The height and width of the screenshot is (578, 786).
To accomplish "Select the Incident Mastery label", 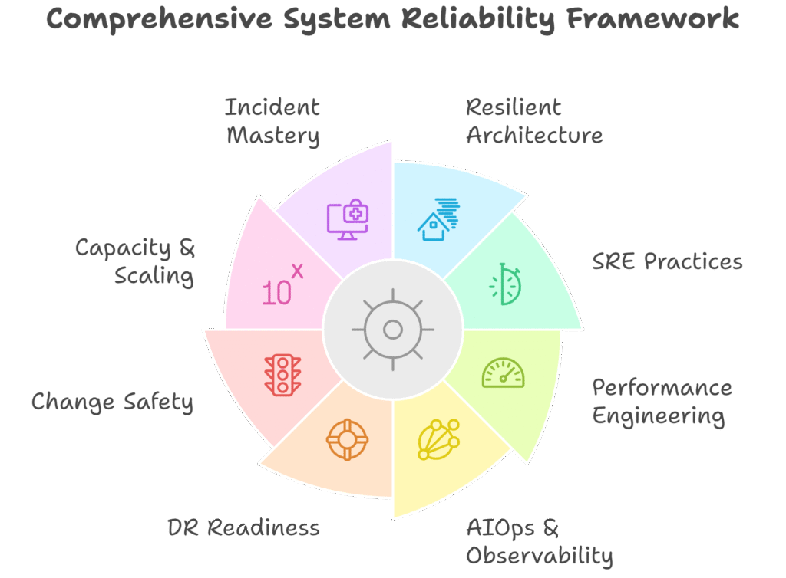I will click(272, 121).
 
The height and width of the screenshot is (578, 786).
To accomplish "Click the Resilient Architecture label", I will click(534, 121).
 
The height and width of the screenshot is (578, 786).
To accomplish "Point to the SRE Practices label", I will click(666, 261).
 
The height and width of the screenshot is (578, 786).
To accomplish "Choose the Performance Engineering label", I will click(661, 402).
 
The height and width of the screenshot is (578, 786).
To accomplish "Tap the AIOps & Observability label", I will click(539, 541).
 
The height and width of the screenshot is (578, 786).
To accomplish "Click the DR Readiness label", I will click(243, 527).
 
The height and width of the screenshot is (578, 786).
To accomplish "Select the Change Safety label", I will click(112, 402).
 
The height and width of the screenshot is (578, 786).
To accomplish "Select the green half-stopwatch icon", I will click(505, 284).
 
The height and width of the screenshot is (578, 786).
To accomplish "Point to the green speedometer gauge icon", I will click(503, 373).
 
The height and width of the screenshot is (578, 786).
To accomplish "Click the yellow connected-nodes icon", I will click(438, 439).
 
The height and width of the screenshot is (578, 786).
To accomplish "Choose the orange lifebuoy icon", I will click(347, 440).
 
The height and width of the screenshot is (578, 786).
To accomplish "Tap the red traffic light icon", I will click(282, 375).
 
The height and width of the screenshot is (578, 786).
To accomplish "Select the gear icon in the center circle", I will click(393, 330).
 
